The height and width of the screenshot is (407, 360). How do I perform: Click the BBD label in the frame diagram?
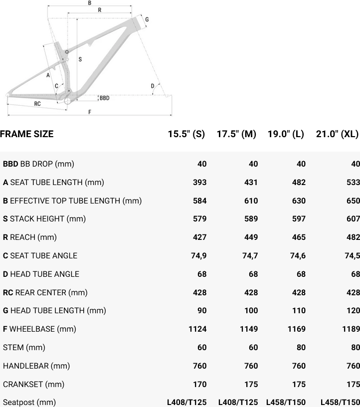coord(105,98)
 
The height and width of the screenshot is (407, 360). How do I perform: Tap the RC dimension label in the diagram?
coord(37,104)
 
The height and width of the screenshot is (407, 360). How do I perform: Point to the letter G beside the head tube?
coord(147,19)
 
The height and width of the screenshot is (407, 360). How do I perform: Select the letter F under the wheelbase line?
coord(90,112)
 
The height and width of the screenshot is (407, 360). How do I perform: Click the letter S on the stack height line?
coord(80,59)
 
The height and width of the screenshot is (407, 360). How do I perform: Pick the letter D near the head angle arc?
coord(153,86)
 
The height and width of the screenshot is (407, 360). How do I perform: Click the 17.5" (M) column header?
coord(236,134)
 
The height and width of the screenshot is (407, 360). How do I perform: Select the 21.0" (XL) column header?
coord(337,134)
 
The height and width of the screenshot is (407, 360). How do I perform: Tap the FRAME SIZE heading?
coord(27,134)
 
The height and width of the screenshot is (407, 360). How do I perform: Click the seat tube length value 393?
coord(200,182)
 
